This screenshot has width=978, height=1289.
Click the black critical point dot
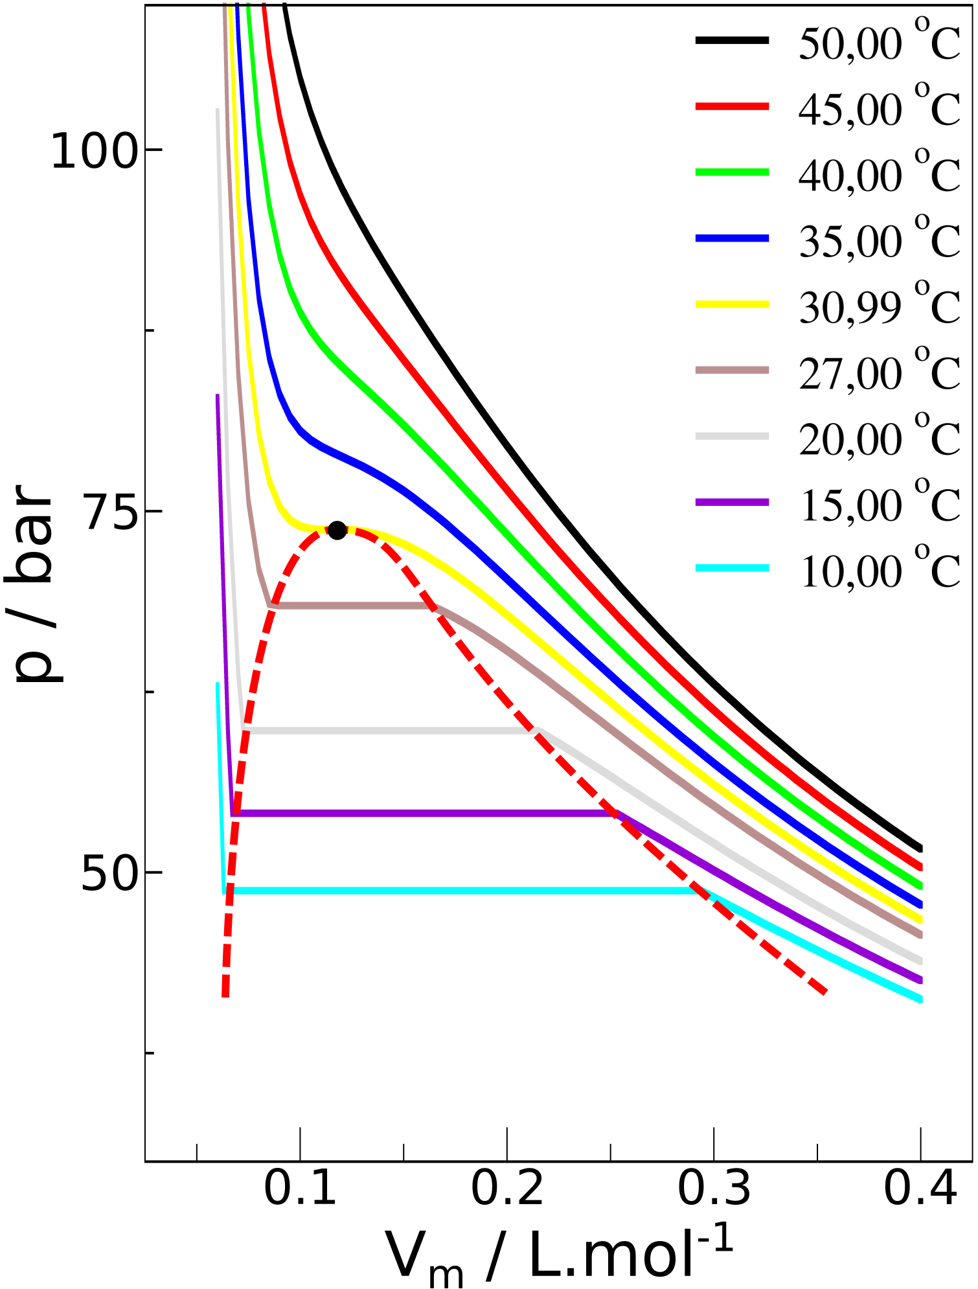(x=337, y=530)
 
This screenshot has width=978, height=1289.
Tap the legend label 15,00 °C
(x=880, y=505)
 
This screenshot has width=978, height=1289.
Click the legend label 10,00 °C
(x=880, y=571)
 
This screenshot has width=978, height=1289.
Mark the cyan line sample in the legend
(x=732, y=568)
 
